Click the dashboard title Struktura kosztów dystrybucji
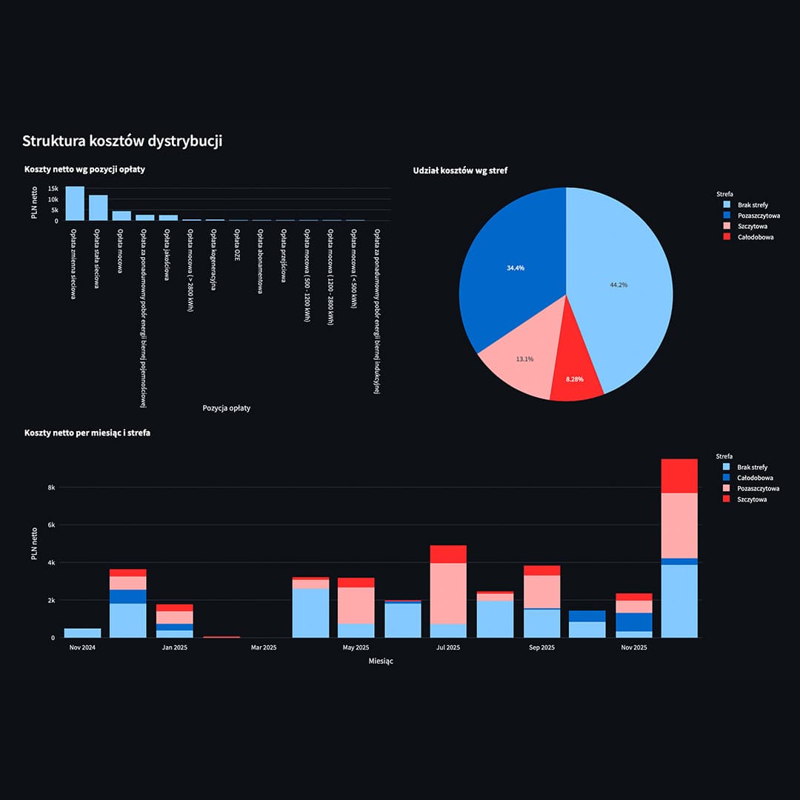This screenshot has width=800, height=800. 121,141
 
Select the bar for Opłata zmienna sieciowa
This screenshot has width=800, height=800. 75,204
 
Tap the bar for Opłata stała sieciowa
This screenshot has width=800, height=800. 99,208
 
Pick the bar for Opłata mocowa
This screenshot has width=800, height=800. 121,216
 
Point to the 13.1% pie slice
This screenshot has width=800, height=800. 519,363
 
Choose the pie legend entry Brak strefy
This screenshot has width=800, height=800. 753,204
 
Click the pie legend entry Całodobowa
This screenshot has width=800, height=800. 756,237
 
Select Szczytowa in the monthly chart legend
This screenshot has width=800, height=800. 752,499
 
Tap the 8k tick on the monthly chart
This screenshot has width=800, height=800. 51,487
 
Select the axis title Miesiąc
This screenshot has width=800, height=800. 381,661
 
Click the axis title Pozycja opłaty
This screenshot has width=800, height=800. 226,407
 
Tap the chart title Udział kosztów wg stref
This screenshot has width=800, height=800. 460,170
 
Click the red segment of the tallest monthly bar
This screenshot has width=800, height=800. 679,476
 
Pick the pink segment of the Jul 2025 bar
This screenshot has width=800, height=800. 448,593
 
